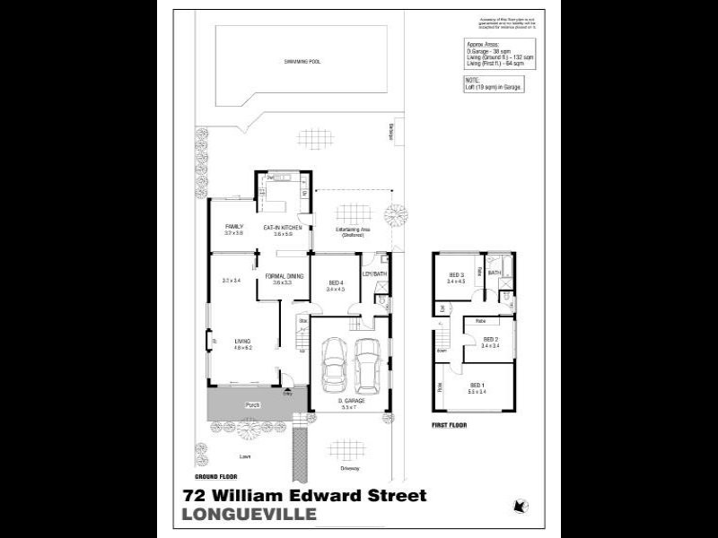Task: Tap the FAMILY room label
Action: tap(234, 226)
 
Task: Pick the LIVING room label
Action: tap(242, 341)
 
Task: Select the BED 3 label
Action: tap(456, 275)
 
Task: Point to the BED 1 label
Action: tap(477, 385)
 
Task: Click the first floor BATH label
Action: tap(494, 273)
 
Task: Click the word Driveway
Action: tap(350, 468)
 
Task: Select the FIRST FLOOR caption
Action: tap(451, 425)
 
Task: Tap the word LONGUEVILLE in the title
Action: tap(250, 514)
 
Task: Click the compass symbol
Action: tap(518, 506)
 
